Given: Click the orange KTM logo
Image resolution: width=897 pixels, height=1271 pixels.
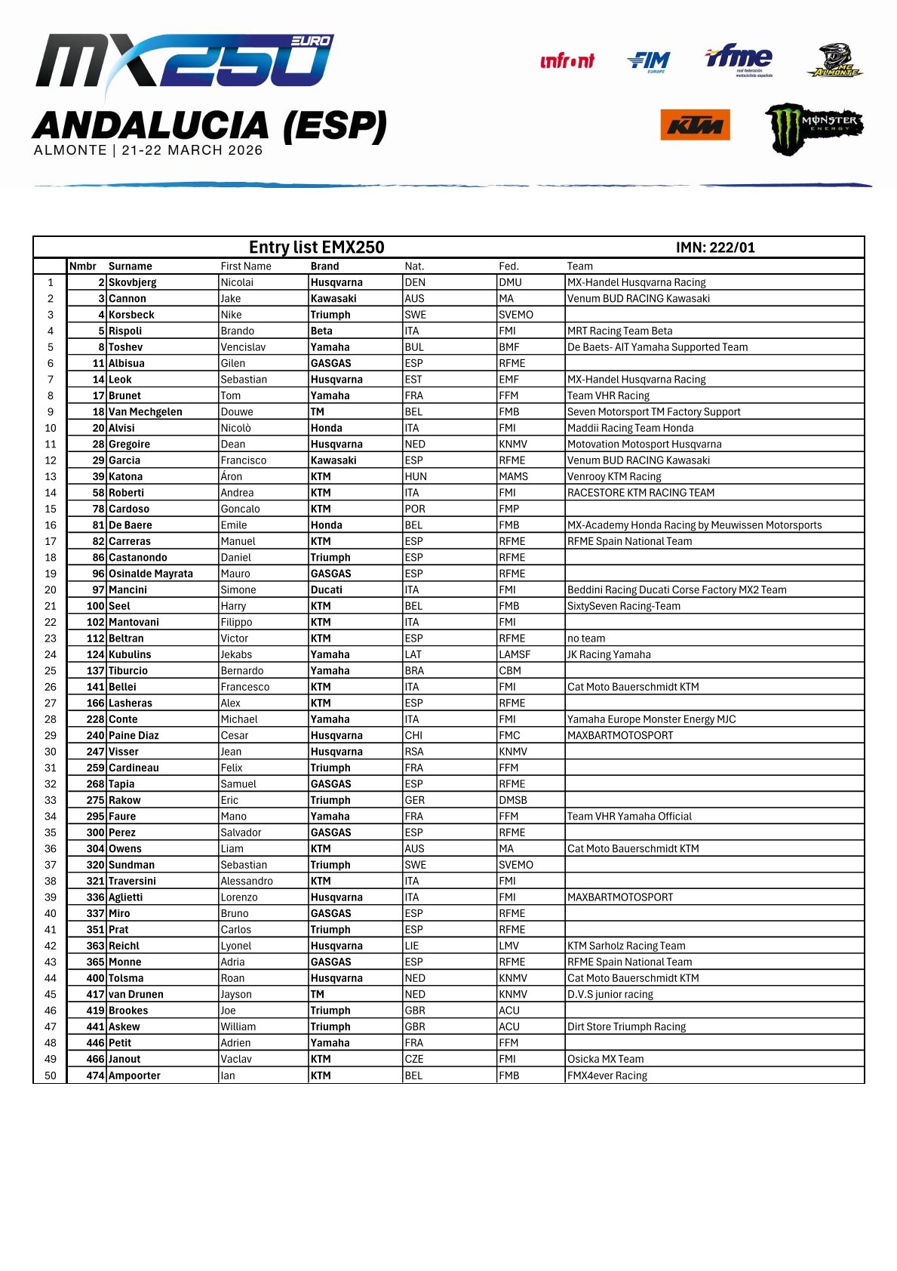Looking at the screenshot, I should click(695, 125).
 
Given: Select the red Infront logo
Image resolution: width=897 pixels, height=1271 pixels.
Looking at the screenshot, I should click(567, 61).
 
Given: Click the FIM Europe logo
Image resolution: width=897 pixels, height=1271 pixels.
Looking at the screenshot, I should click(649, 61).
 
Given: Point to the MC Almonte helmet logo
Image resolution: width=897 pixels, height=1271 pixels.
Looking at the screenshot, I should click(835, 60).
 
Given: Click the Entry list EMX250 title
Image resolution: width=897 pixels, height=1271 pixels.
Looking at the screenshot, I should click(316, 248).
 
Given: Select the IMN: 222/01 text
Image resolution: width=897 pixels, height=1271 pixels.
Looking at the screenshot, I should click(714, 248).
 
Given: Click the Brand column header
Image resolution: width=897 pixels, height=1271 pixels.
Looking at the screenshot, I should click(324, 266).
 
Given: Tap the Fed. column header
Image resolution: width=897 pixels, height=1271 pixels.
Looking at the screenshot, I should click(508, 266).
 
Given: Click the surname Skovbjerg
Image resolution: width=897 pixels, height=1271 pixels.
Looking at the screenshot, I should click(133, 282).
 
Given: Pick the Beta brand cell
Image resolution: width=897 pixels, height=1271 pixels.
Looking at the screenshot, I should click(321, 331).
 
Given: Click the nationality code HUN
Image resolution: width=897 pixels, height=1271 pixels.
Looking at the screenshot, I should click(416, 477).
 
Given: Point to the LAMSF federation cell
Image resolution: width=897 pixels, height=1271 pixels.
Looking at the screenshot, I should click(515, 655).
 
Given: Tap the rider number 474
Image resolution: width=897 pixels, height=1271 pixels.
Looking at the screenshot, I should click(95, 1076).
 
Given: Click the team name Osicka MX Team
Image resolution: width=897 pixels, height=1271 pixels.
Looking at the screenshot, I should click(605, 1060).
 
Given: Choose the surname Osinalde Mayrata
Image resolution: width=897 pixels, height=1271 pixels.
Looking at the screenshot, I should click(151, 574).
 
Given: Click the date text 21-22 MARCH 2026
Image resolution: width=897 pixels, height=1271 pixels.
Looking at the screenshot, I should click(192, 150).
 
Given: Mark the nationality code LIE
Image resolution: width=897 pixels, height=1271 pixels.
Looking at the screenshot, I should click(412, 946).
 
